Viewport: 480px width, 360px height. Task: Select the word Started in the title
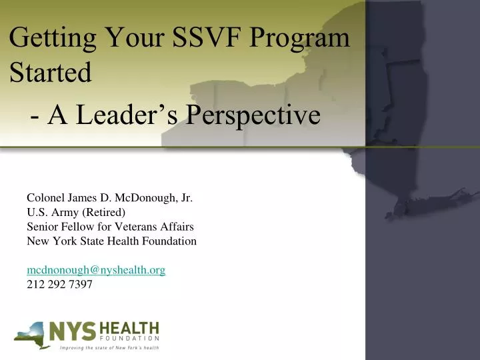coord(51,73)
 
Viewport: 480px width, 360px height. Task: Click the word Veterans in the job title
coord(135,227)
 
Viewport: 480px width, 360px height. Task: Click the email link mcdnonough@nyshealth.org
coord(96,270)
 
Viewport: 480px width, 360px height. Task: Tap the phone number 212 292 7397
coord(59,285)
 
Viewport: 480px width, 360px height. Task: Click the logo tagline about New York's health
coord(109,347)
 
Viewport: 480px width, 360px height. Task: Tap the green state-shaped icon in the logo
coord(35,334)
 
